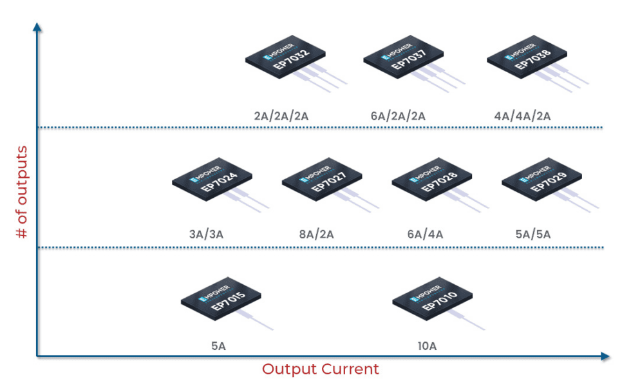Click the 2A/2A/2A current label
point(281,117)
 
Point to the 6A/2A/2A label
point(398,117)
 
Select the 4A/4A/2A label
point(522,117)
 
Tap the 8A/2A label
point(316,235)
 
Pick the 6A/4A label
point(425,235)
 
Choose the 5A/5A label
point(533,235)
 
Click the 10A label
point(427,347)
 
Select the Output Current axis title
point(320,369)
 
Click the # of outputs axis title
point(22,193)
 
